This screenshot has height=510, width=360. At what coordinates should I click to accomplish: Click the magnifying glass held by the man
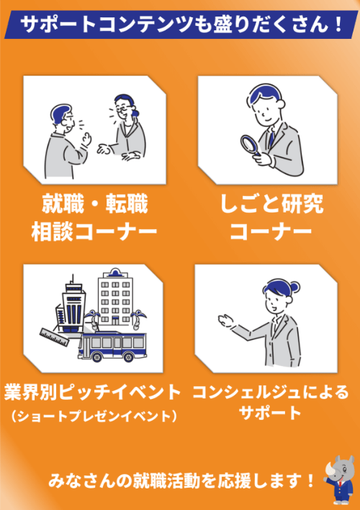[250, 145]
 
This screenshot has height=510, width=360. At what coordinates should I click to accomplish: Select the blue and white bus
[112, 346]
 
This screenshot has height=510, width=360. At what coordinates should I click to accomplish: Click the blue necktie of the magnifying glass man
[271, 138]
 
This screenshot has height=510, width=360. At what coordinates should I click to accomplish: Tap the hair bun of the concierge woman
[295, 287]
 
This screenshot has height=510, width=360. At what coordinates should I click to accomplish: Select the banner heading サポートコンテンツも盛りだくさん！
[181, 24]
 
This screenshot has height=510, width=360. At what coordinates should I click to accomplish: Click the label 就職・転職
[94, 205]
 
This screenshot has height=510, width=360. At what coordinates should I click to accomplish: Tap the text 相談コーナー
[94, 231]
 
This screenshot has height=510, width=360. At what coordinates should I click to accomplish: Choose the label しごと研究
[271, 205]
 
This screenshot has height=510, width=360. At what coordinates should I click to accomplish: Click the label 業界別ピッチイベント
[92, 393]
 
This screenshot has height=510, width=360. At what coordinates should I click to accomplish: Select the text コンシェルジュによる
[271, 393]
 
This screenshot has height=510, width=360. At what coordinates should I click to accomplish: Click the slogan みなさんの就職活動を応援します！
[181, 480]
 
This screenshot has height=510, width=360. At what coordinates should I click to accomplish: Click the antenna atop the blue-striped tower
[73, 279]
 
